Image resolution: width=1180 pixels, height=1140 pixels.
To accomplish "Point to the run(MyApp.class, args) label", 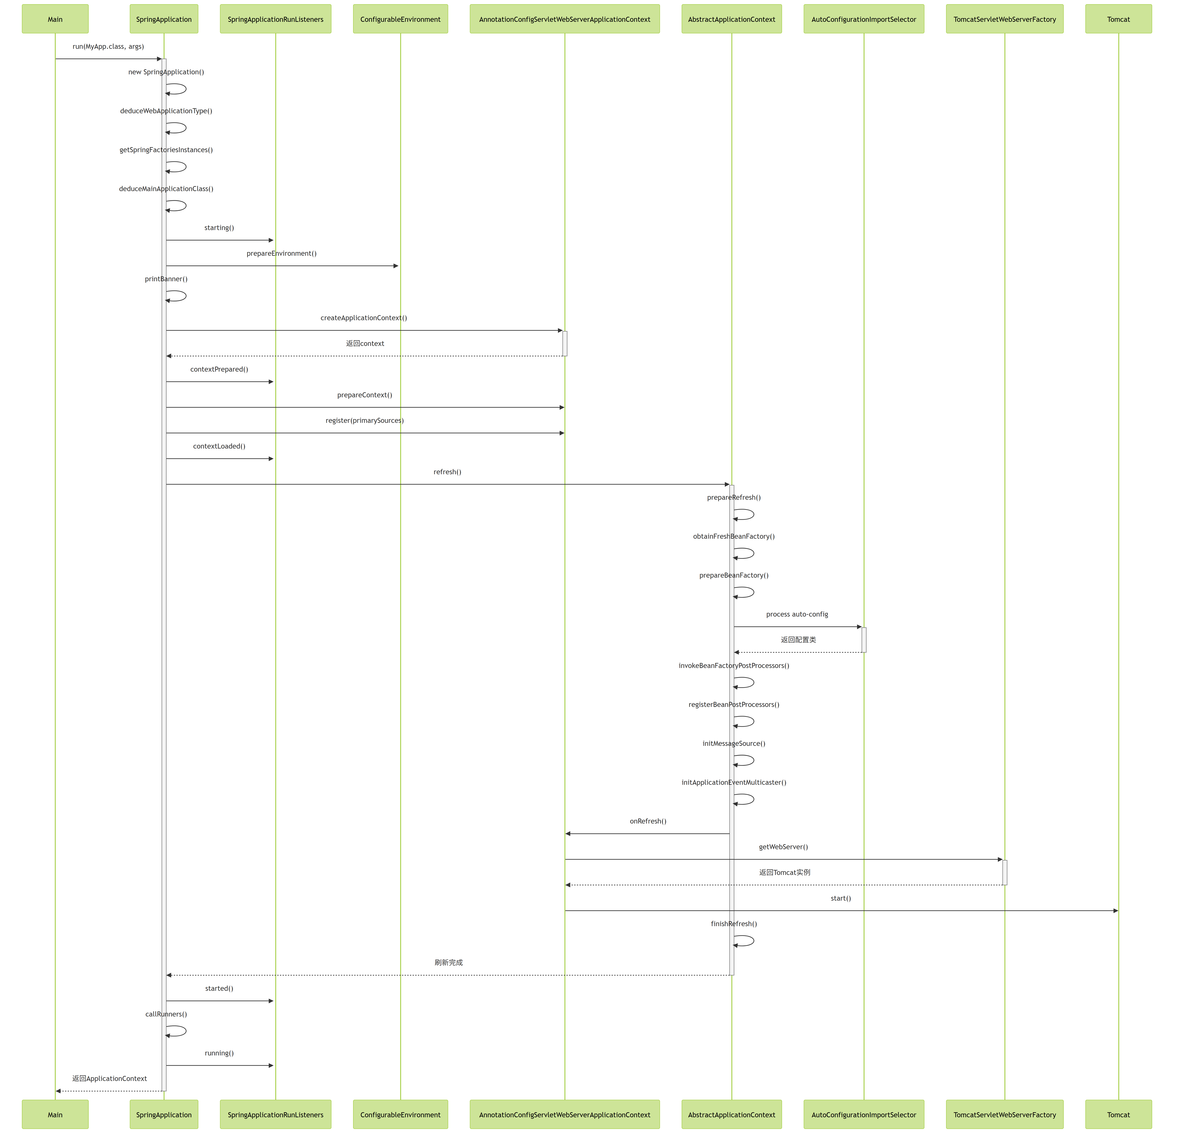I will coord(108,46).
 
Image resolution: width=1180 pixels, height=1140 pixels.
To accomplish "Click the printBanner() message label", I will coord(166,279).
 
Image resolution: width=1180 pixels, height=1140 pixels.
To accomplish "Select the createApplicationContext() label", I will coord(364,318).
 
